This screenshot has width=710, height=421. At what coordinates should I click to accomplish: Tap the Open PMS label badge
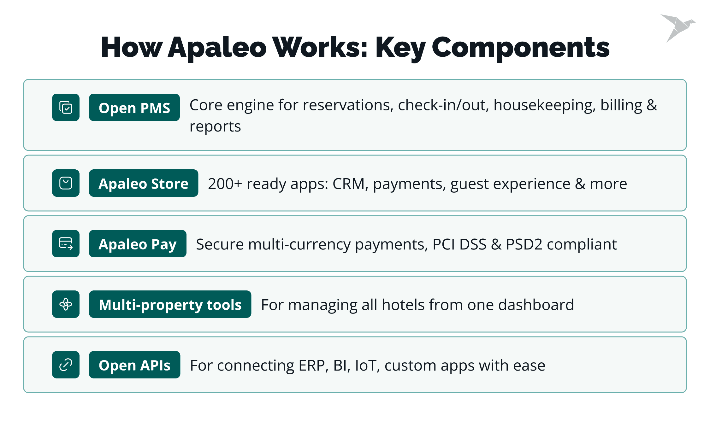point(134,107)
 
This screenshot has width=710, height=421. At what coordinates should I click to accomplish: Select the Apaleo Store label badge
point(144,183)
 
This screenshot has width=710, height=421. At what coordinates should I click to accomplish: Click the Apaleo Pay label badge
point(138,243)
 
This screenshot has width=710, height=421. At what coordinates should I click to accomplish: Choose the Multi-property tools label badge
point(170,304)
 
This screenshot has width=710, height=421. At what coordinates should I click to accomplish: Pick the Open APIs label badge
point(135,365)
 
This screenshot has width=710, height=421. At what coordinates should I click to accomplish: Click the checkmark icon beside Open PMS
point(66,107)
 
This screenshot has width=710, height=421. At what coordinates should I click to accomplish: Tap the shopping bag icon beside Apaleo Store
point(66,183)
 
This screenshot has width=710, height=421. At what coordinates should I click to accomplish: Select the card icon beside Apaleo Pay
point(66,243)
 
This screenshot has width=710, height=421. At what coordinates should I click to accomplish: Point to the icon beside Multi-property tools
point(66,304)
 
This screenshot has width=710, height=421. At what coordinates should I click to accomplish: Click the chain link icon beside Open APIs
point(66,365)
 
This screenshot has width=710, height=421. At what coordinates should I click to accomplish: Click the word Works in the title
point(320,47)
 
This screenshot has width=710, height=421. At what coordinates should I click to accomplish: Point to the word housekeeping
point(545,106)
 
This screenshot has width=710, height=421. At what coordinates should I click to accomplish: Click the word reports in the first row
point(215,127)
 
